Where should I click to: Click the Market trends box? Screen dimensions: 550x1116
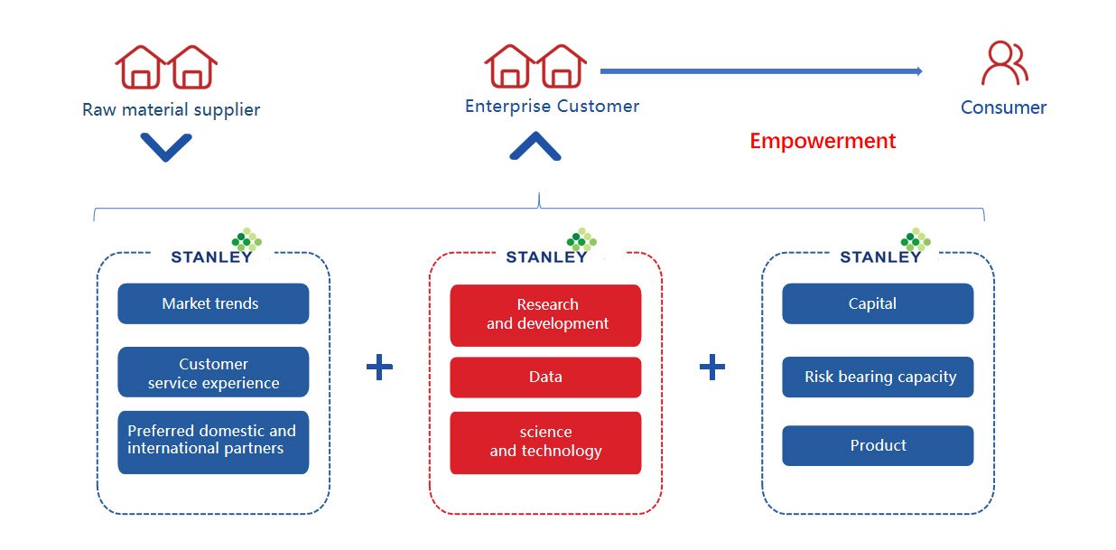[x=213, y=303]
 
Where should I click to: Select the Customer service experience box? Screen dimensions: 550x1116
[x=213, y=372]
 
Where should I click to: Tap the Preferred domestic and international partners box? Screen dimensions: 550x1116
[x=213, y=442]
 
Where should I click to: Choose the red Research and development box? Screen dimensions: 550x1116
[x=545, y=315]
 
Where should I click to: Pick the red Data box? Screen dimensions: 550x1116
[x=545, y=377]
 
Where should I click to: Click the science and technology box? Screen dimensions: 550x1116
[x=545, y=442]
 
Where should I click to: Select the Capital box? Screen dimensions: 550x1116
[x=878, y=303]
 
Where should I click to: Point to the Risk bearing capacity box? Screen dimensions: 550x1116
[x=878, y=377]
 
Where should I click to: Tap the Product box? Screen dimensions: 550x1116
[x=878, y=445]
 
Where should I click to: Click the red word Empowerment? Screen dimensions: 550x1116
[x=823, y=141]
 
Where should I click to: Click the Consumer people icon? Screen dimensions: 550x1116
[x=1004, y=63]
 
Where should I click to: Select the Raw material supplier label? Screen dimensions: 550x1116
[x=172, y=110]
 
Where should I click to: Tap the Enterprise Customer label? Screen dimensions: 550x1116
[x=552, y=107]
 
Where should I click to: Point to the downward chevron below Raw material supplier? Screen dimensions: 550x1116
[x=166, y=147]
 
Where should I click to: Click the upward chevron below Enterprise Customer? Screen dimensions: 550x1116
[x=535, y=146]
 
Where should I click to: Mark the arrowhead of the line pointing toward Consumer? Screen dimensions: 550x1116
[x=918, y=71]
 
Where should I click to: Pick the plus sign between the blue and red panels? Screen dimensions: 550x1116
[x=379, y=367]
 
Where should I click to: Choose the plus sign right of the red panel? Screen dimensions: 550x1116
[x=712, y=367]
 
